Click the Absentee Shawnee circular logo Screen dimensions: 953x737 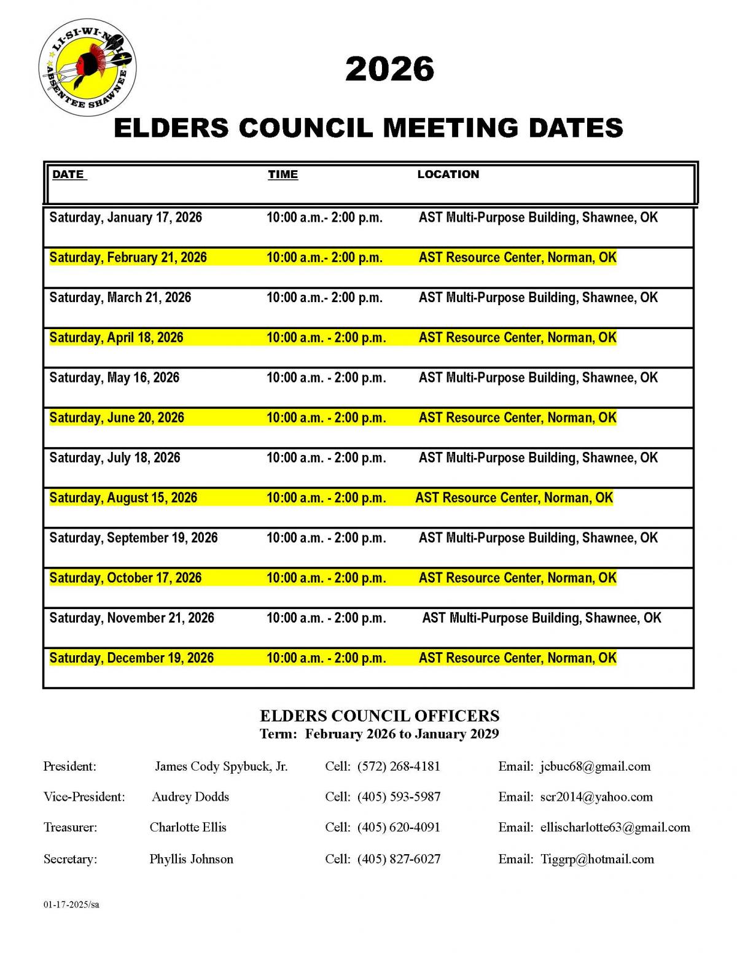[x=87, y=68]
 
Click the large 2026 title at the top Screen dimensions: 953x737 [x=389, y=69]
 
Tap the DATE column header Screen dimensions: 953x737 [x=68, y=174]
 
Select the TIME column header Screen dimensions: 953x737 [x=283, y=174]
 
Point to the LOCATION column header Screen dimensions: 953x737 [x=448, y=174]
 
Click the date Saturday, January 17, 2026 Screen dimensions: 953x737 [x=125, y=217]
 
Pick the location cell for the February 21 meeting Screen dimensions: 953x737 [x=517, y=257]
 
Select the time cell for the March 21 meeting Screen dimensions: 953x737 [x=324, y=298]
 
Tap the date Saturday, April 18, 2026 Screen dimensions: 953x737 [x=116, y=338]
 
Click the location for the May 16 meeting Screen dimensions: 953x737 [x=538, y=378]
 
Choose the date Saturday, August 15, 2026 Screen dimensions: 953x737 [x=123, y=498]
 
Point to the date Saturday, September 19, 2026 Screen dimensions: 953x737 [x=133, y=538]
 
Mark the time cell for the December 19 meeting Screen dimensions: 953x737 [x=326, y=658]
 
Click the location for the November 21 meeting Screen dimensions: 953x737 [x=541, y=618]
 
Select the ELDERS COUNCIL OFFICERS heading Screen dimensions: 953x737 [x=379, y=716]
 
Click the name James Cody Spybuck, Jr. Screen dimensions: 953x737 [x=221, y=766]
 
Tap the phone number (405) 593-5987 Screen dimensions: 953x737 [x=399, y=797]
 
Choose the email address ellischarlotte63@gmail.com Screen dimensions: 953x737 [x=615, y=828]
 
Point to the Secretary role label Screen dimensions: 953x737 [x=70, y=859]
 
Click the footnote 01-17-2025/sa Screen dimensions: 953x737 [x=71, y=904]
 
